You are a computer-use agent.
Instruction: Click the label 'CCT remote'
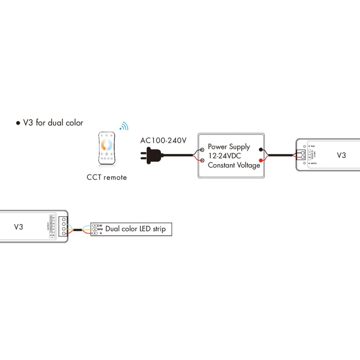coord(107,177)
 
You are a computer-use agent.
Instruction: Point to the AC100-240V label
coord(163,140)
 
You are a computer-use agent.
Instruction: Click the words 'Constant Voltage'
coord(234,165)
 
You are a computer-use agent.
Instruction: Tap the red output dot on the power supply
coord(261,160)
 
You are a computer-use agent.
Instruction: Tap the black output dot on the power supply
coord(261,149)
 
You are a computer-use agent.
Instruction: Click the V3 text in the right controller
coord(342,155)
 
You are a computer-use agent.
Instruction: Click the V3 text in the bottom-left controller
coord(18,227)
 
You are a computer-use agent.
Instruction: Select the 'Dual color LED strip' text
coord(135,229)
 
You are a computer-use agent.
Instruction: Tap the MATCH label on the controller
coord(312,164)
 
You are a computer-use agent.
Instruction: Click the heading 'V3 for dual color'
coord(53,122)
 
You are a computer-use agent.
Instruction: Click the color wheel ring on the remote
coord(107,145)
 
